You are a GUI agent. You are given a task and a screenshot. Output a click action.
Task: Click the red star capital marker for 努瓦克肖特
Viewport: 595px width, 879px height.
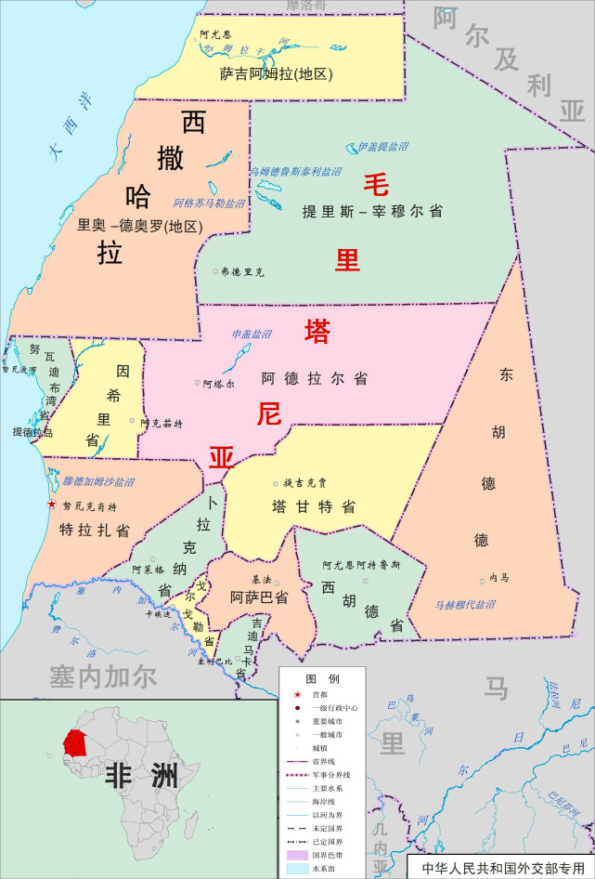(x=52, y=505)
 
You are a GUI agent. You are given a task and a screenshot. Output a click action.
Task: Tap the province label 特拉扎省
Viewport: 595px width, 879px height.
(x=95, y=530)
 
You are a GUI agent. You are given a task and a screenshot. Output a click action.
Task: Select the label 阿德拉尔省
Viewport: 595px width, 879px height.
(x=314, y=379)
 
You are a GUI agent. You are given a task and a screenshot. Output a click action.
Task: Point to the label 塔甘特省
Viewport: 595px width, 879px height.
(x=314, y=507)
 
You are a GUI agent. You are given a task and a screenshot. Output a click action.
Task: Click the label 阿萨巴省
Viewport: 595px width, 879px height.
(x=259, y=597)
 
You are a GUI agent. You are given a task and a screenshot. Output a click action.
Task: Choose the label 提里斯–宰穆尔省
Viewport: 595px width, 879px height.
(x=371, y=211)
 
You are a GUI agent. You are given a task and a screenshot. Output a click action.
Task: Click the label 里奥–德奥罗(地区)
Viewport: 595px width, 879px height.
(x=139, y=224)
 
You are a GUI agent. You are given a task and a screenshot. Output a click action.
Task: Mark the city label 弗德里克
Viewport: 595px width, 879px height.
(x=242, y=272)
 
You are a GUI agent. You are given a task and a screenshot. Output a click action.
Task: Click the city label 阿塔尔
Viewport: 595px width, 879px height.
(x=219, y=383)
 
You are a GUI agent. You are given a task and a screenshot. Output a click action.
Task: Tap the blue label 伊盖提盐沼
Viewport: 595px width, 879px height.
(x=382, y=147)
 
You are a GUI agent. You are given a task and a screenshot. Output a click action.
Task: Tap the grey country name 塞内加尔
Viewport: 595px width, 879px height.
(x=103, y=676)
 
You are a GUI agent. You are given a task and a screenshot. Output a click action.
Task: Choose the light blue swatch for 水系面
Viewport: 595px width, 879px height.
(x=296, y=868)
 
